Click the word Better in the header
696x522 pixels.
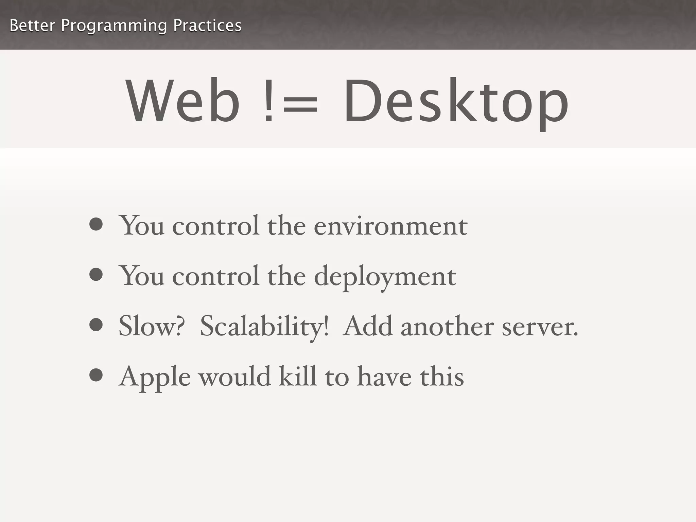[x=32, y=25]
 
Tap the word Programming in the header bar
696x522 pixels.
[x=114, y=26]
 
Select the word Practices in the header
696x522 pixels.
[x=207, y=25]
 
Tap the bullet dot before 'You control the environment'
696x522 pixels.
[x=96, y=224]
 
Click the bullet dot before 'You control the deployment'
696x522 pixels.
[x=96, y=275]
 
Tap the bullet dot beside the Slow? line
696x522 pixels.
[x=96, y=325]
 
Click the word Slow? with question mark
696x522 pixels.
[x=152, y=326]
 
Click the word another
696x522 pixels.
[x=447, y=326]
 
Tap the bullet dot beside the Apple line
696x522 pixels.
[x=96, y=375]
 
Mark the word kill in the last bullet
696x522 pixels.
[x=298, y=376]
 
